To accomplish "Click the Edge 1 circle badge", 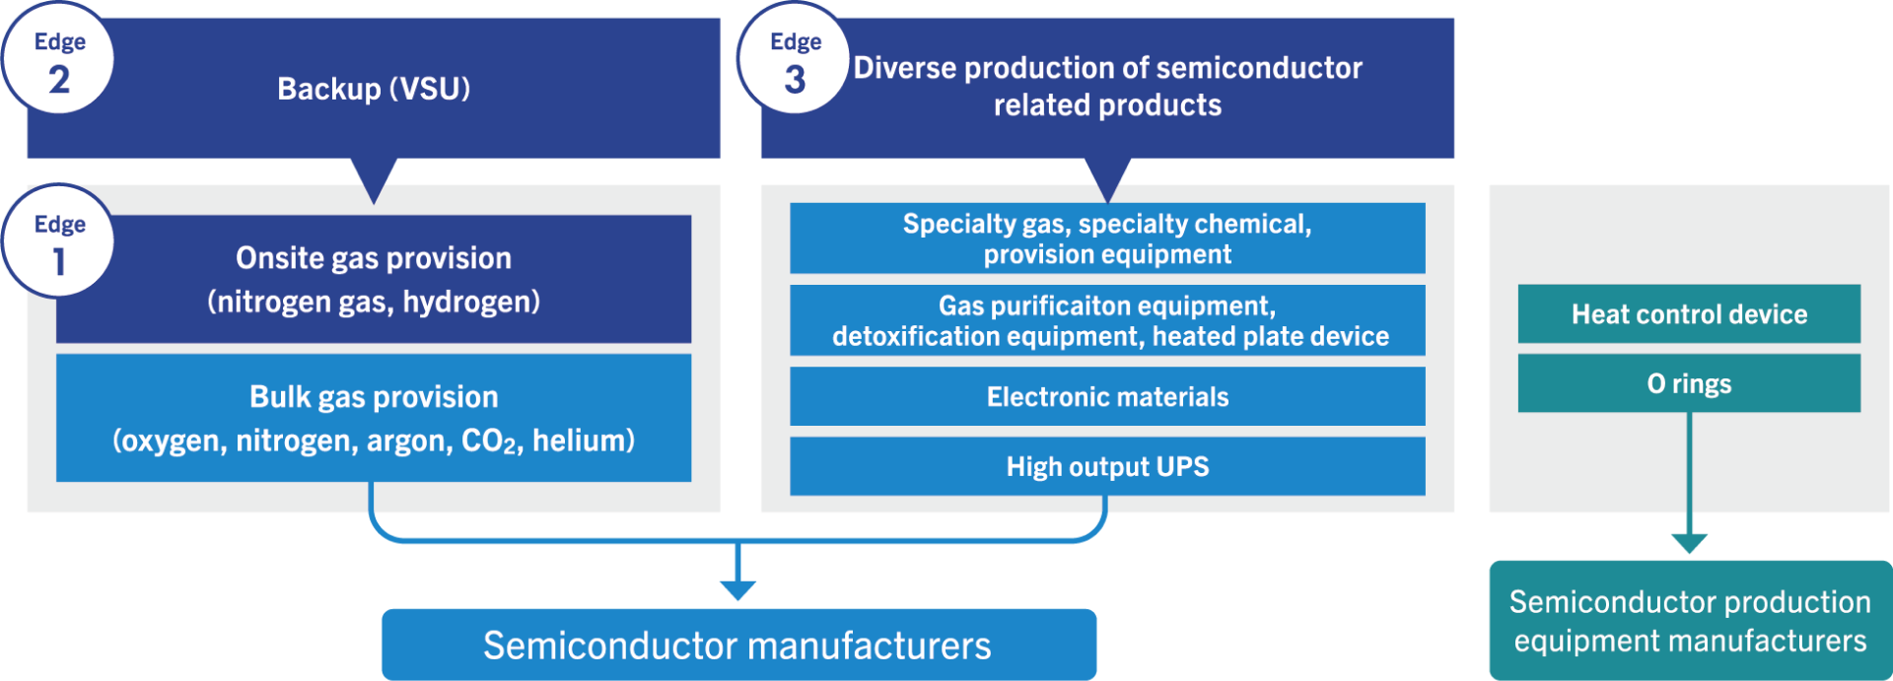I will (58, 241).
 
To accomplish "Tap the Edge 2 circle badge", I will (58, 59).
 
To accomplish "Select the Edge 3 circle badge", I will (794, 59).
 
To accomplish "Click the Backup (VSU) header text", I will (373, 89).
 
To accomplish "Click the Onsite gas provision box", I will (373, 279).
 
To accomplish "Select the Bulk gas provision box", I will (373, 418).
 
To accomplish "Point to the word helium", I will (583, 441).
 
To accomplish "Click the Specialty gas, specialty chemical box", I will (1106, 238).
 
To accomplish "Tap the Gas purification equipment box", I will (1106, 320).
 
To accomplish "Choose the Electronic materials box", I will (1106, 396).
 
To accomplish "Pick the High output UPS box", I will (1106, 466).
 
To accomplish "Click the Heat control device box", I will (1688, 314).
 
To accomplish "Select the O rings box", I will (1688, 383).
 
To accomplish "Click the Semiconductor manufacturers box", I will (737, 646).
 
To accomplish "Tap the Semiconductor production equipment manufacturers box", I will (1689, 621).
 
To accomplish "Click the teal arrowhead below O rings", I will (1689, 543).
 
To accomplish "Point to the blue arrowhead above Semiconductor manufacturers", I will (737, 590).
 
